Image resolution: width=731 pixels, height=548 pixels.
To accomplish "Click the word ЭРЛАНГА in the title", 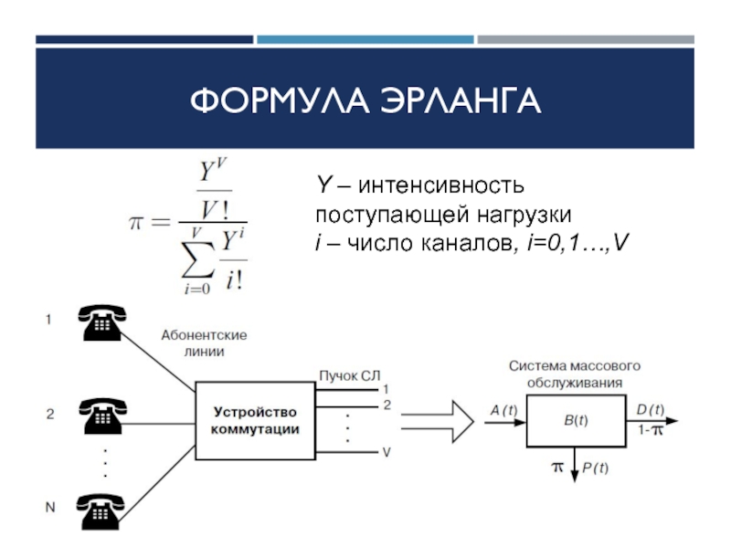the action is pos(461,100).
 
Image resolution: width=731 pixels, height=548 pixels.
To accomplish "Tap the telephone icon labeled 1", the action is pos(102,322).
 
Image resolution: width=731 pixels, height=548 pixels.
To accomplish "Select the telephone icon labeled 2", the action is pos(102,416).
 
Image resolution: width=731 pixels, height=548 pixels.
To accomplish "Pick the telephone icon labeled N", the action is pos(101,511).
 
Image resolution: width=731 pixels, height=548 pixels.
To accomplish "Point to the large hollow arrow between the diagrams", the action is pos(438,421).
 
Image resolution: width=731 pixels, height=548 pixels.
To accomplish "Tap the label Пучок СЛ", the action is pos(350,375).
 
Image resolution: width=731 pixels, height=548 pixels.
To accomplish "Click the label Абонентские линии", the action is pos(204,343).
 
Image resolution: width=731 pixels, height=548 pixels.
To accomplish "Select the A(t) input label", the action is pos(504,410).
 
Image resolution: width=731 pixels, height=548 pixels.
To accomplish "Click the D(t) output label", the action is pos(651,409).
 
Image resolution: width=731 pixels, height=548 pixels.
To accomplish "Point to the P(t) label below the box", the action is pos(596,468).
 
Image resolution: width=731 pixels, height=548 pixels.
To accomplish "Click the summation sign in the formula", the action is pos(198,260).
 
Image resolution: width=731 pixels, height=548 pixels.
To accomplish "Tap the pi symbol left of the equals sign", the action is pos(135,222).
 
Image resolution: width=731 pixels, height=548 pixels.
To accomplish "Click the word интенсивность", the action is pos(441,185).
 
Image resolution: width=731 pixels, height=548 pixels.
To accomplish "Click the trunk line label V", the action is pos(387,452).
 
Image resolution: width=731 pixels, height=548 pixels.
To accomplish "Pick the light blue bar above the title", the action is pos(365,39).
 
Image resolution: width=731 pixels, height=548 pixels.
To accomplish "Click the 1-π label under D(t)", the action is pos(651,429).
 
